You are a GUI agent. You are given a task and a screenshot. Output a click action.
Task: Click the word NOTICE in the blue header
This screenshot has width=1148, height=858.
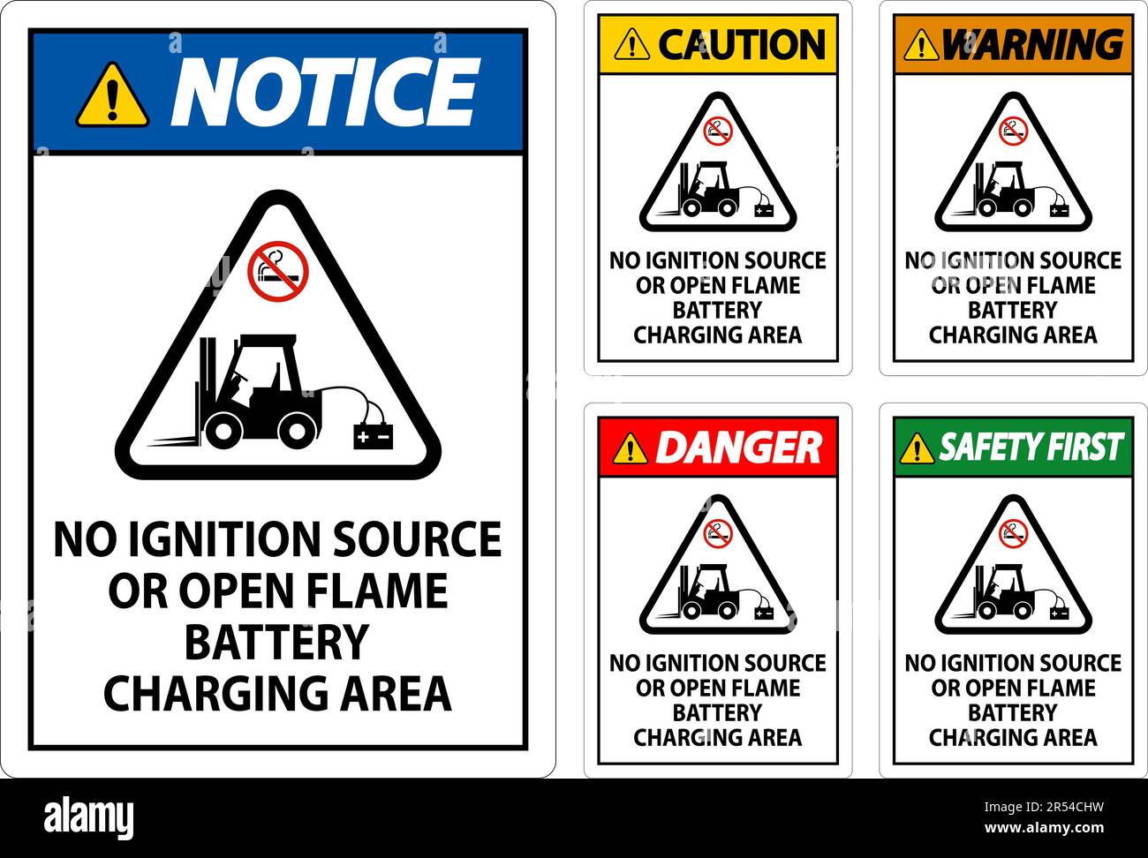(x=324, y=92)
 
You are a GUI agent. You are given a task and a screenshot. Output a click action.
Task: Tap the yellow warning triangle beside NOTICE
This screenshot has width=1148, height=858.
(x=112, y=94)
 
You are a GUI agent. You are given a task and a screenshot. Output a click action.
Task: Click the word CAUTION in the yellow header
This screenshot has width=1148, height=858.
(x=742, y=44)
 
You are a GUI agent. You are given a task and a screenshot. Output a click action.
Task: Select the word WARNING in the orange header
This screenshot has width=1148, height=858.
(x=1032, y=44)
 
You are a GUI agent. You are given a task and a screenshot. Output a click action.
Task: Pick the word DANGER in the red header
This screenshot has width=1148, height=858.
(x=738, y=448)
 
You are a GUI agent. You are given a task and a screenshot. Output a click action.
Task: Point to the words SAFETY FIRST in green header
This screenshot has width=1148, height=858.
(x=1031, y=448)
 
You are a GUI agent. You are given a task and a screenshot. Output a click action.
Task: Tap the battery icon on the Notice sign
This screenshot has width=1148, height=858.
(x=373, y=436)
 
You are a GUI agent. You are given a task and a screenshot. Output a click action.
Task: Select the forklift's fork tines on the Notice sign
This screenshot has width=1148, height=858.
(x=172, y=439)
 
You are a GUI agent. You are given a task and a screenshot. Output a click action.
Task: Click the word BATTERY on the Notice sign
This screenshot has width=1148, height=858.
(x=276, y=642)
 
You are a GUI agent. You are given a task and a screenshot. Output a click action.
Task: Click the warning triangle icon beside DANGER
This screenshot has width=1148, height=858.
(x=630, y=448)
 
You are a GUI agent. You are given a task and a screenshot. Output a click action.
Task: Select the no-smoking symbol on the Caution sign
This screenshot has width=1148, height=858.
(x=718, y=132)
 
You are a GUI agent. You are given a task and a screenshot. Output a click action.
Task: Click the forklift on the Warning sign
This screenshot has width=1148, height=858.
(x=1004, y=190)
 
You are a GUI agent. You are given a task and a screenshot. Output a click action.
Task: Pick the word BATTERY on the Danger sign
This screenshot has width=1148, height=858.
(x=717, y=712)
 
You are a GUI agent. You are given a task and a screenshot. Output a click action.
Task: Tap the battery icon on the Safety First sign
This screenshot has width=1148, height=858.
(x=1059, y=613)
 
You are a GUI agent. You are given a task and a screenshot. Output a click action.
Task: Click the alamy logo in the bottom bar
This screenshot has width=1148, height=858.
(x=88, y=817)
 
